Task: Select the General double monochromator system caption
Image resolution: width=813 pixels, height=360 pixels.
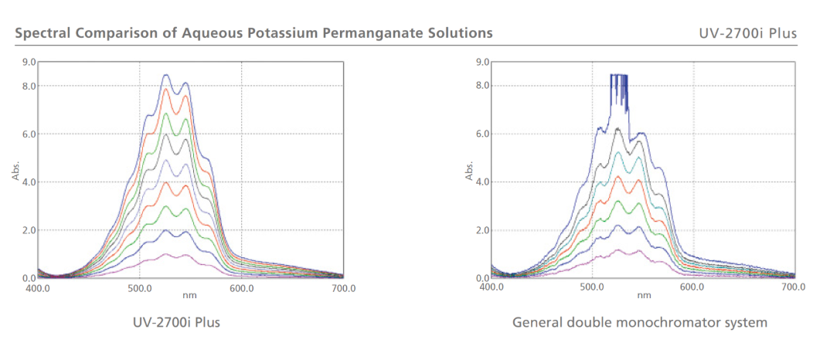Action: (x=640, y=321)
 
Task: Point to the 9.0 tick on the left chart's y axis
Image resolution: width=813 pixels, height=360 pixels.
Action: (x=29, y=62)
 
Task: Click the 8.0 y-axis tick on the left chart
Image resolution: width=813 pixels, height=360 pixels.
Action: (x=29, y=86)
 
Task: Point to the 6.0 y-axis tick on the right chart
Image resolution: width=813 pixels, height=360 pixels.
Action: (x=481, y=134)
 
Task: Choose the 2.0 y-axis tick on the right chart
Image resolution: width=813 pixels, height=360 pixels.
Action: (x=481, y=230)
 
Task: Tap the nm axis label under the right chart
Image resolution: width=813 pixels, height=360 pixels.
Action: (x=643, y=294)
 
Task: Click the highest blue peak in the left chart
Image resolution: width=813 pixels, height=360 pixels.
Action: (x=165, y=75)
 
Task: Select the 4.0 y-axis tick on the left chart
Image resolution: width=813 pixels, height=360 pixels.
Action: (x=29, y=182)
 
